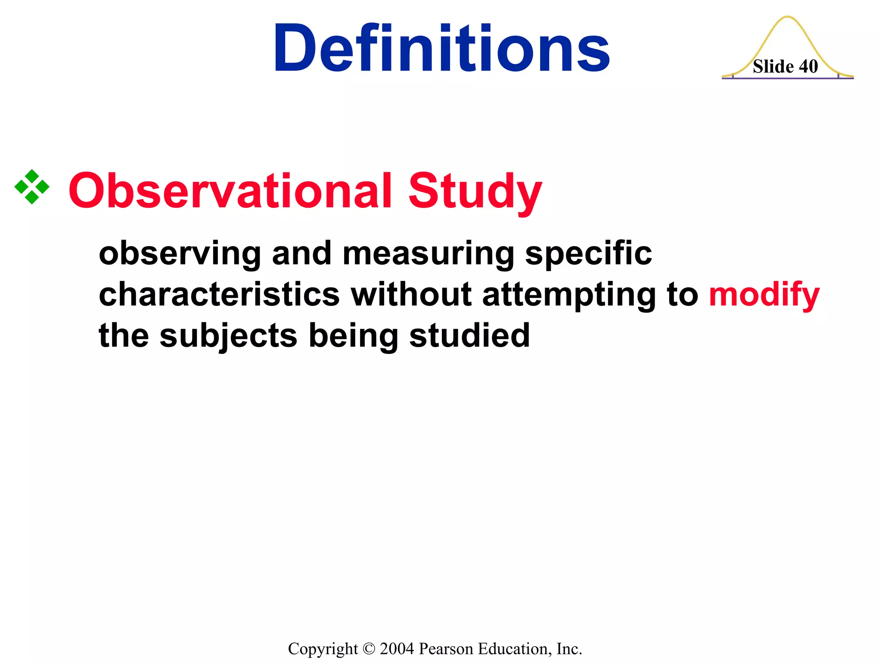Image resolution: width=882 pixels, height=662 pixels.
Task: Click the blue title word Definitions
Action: (x=441, y=48)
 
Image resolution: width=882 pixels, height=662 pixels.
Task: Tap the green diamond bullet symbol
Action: (x=32, y=187)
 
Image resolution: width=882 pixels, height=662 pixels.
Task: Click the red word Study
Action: (x=475, y=190)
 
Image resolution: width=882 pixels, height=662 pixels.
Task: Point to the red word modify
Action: (x=764, y=295)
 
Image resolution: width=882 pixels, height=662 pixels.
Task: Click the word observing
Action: (x=180, y=253)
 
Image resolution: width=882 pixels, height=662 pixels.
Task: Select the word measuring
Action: (x=428, y=253)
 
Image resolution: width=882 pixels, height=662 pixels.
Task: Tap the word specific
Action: (x=588, y=253)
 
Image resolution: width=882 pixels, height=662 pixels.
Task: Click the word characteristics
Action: (x=219, y=295)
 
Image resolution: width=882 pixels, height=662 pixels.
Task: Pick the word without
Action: (x=411, y=295)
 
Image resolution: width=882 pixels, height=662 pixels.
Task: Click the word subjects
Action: (x=228, y=336)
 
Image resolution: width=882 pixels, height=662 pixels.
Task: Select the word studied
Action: (x=469, y=335)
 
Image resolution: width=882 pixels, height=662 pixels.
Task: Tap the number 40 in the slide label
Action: (x=808, y=67)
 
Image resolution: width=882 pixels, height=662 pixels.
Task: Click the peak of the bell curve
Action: (x=787, y=17)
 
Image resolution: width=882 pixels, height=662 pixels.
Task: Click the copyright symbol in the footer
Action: (x=369, y=649)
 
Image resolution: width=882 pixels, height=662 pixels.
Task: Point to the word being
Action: (x=353, y=336)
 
